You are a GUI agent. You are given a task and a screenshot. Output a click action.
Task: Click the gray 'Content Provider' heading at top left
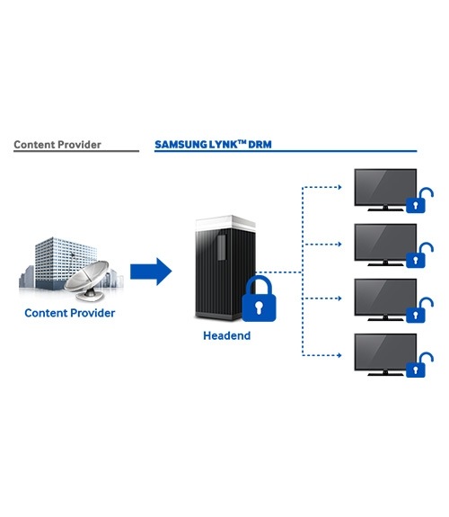click(x=57, y=145)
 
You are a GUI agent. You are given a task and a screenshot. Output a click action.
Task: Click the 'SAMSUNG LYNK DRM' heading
click(x=213, y=145)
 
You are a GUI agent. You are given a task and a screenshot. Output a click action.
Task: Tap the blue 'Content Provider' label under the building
click(x=70, y=313)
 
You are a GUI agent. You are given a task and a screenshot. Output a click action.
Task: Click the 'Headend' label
click(x=226, y=335)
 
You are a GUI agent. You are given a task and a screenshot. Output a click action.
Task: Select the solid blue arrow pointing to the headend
click(x=151, y=272)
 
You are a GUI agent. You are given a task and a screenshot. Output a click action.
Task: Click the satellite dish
click(x=87, y=281)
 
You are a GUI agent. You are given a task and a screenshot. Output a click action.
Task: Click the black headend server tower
click(x=225, y=267)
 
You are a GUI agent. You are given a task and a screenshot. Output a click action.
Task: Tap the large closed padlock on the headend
click(x=259, y=299)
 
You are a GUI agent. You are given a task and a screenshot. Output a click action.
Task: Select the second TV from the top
click(x=385, y=245)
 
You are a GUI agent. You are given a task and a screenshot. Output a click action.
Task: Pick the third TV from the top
click(x=385, y=299)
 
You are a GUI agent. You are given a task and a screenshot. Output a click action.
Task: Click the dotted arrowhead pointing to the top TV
click(x=340, y=187)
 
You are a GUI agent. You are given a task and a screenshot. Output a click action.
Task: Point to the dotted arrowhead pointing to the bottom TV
click(x=340, y=355)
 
